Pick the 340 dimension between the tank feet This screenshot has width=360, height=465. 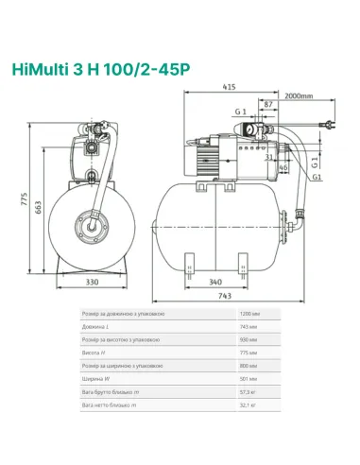[216, 282]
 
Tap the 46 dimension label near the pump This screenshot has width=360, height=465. [284, 167]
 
